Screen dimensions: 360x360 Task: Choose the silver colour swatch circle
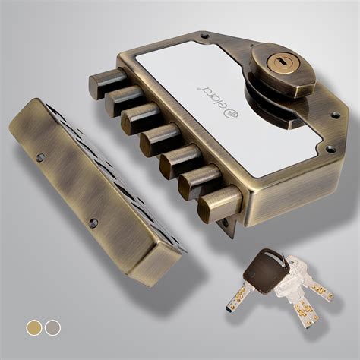[52, 327]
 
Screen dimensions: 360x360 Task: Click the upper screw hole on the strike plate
[40, 157]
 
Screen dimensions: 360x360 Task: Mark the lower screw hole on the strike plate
[93, 223]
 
